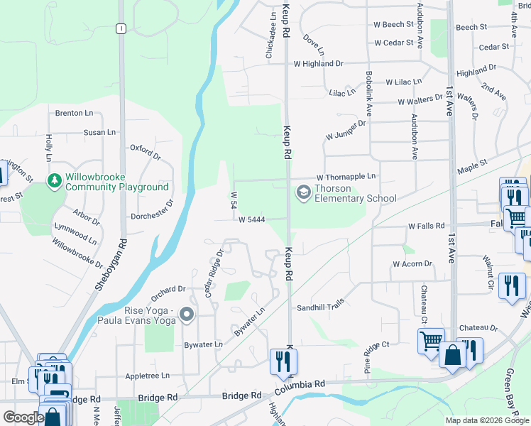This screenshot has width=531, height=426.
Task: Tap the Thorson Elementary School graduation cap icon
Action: (x=303, y=193)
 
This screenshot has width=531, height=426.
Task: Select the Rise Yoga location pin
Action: (x=187, y=313)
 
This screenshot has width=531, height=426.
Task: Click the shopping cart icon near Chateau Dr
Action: (x=431, y=342)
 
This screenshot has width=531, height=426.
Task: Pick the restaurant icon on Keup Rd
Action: (x=283, y=361)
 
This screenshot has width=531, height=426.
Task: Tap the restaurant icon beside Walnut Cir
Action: (x=512, y=286)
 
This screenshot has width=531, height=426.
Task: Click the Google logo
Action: (x=23, y=417)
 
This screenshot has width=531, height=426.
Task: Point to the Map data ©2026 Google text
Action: (x=486, y=420)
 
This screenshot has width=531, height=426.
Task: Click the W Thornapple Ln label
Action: (x=346, y=176)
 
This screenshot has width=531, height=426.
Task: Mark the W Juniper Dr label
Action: (x=346, y=129)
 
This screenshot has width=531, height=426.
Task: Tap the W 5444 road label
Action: (x=251, y=220)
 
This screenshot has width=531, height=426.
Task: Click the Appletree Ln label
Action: (x=147, y=375)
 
